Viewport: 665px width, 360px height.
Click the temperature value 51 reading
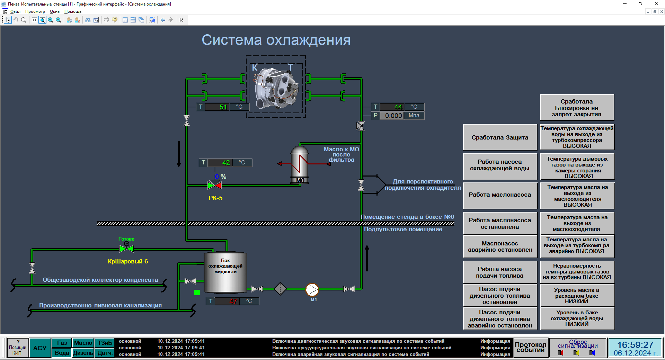pos(223,107)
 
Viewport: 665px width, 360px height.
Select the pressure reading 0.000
pos(393,116)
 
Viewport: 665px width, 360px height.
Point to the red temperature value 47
pos(233,301)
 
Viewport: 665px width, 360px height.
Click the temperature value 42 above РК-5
pos(226,163)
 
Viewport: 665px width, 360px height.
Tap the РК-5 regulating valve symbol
pos(215,185)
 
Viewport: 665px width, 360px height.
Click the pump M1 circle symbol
pos(312,289)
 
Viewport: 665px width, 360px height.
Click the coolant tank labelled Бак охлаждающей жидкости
pos(225,273)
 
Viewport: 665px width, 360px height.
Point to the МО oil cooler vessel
pos(300,165)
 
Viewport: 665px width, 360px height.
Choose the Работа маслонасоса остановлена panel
pos(500,224)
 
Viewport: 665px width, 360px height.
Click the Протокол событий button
pos(530,347)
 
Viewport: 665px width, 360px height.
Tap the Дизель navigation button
pos(83,353)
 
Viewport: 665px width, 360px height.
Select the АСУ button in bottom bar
pos(40,348)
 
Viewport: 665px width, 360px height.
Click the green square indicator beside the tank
pos(197,292)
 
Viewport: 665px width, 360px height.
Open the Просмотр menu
pos(35,11)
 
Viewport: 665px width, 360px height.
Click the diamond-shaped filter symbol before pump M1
pos(280,289)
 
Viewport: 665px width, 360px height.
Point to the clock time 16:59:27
pos(635,345)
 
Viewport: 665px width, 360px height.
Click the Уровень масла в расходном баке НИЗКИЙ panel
pos(577,296)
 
